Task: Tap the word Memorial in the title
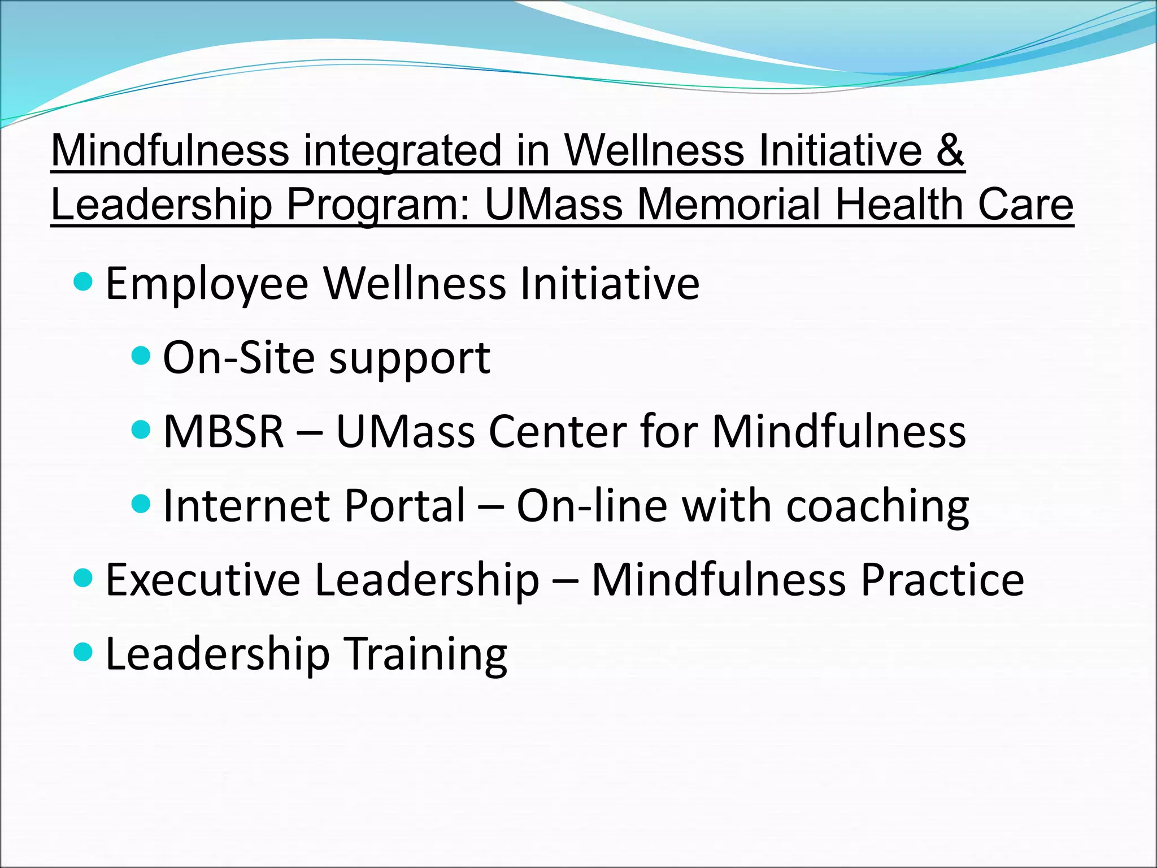pyautogui.click(x=729, y=205)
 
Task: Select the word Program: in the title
pyautogui.click(x=378, y=206)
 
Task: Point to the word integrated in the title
pyautogui.click(x=402, y=151)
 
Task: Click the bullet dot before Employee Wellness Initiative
pyautogui.click(x=83, y=281)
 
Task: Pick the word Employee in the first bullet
pyautogui.click(x=207, y=284)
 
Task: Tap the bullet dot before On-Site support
pyautogui.click(x=141, y=355)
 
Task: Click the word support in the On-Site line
pyautogui.click(x=410, y=359)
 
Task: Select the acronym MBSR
pyautogui.click(x=224, y=432)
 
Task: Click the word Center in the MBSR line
pyautogui.click(x=556, y=432)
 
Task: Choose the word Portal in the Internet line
pyautogui.click(x=404, y=505)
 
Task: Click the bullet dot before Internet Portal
pyautogui.click(x=141, y=503)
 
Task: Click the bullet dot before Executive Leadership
pyautogui.click(x=83, y=578)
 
